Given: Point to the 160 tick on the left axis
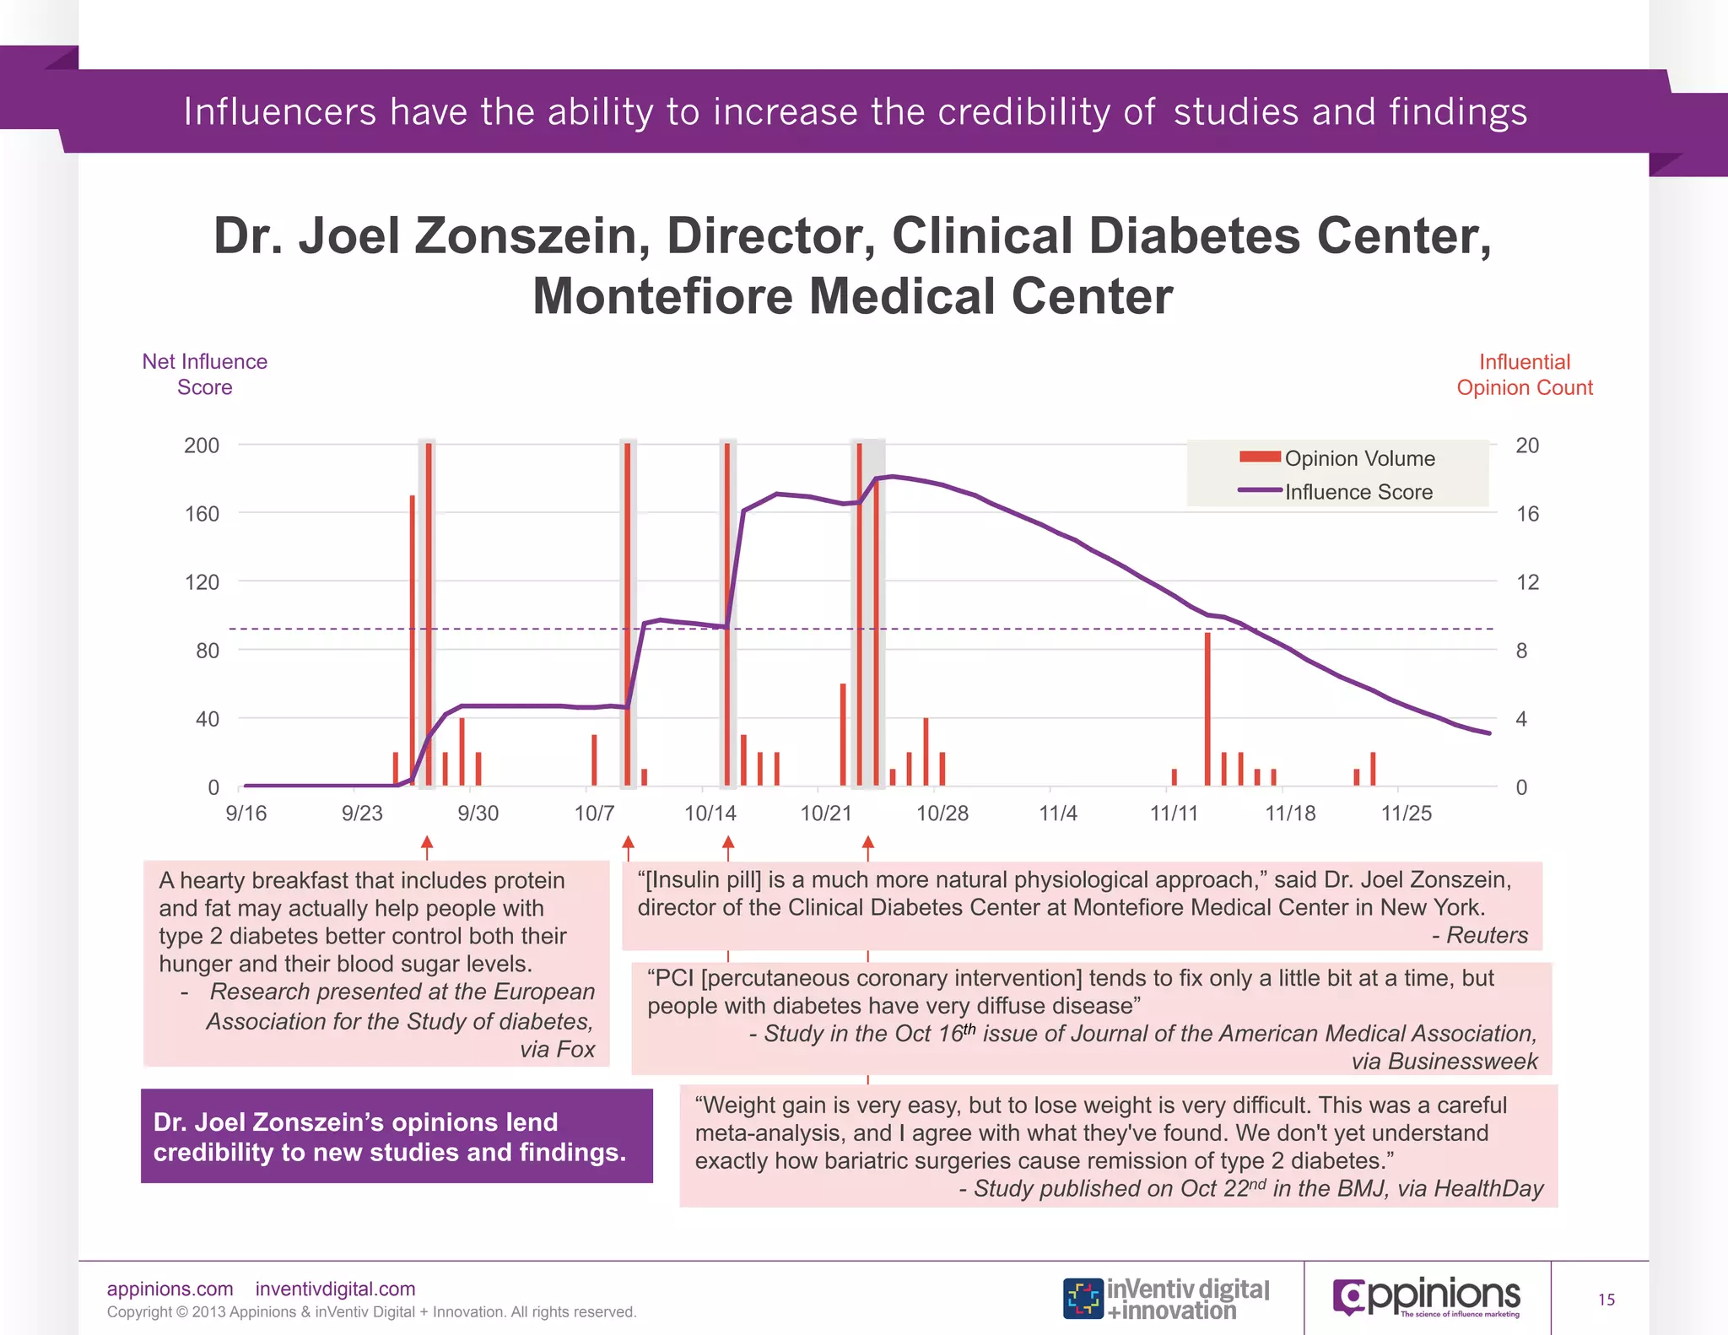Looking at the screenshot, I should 202,514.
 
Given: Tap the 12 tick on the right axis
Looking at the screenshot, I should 1527,582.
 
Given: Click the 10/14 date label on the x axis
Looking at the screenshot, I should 710,813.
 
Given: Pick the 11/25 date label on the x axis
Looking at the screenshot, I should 1406,813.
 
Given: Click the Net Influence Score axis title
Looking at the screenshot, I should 204,374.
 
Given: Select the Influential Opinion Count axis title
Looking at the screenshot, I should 1524,375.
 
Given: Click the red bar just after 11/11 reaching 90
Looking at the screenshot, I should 1207,709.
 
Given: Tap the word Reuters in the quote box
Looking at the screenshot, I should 1487,935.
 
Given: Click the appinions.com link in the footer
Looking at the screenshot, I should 170,1289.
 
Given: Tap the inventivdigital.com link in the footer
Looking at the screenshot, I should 335,1289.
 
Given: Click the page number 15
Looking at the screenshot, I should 1606,1300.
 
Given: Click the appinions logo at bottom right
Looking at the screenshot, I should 1426,1297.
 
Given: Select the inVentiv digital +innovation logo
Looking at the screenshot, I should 1166,1299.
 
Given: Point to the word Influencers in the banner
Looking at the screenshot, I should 279,112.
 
